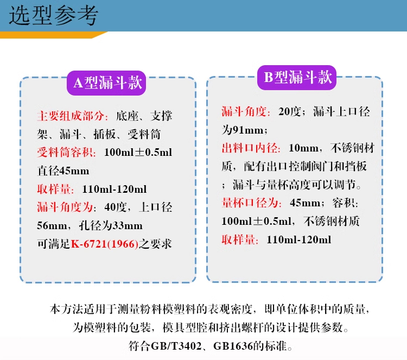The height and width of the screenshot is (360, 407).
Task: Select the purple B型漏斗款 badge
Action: point(297,77)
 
